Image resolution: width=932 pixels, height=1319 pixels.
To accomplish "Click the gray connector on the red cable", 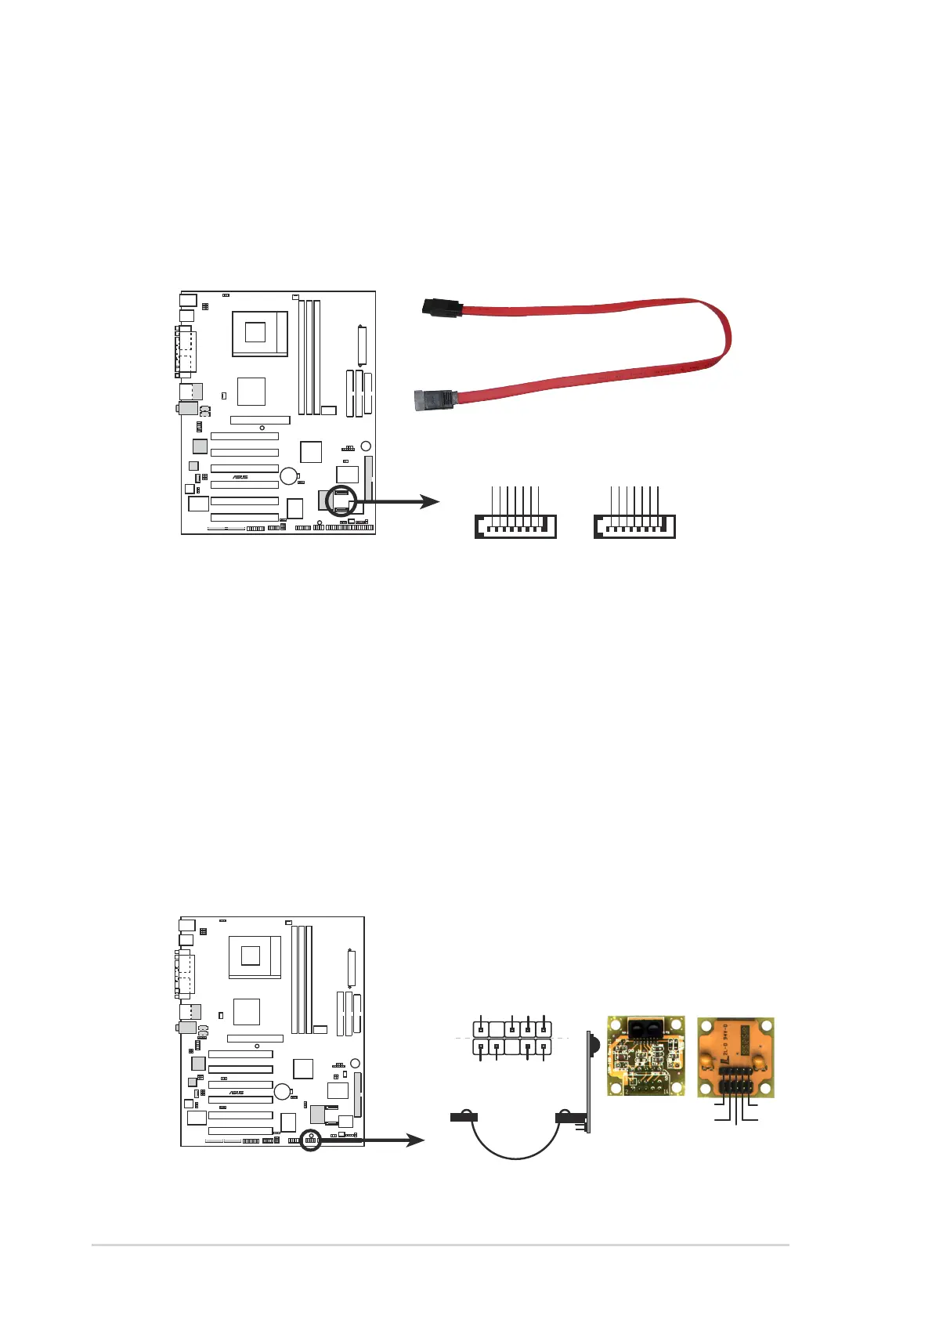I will [x=432, y=400].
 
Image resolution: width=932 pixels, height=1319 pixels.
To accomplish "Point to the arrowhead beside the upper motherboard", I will [x=430, y=501].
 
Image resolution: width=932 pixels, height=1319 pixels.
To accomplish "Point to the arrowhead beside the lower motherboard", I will [x=414, y=1140].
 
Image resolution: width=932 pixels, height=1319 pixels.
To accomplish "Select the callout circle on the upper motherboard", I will [x=341, y=501].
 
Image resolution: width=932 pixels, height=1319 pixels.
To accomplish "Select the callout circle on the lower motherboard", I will [x=311, y=1140].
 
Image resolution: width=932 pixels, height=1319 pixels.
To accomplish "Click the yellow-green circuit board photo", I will [x=645, y=1055].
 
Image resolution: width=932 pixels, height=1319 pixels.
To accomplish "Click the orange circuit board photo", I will [x=735, y=1057].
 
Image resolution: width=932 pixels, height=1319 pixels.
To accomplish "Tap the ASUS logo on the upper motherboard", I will [x=240, y=477].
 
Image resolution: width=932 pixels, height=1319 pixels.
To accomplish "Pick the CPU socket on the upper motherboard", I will [x=258, y=333].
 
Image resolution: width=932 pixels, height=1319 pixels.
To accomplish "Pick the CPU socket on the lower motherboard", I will [x=253, y=956].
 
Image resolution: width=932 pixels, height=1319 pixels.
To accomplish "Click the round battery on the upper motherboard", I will [x=289, y=475].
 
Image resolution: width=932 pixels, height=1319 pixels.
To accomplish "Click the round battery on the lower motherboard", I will [x=282, y=1091].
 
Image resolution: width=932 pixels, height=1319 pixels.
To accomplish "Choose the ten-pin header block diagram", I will [x=512, y=1038].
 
